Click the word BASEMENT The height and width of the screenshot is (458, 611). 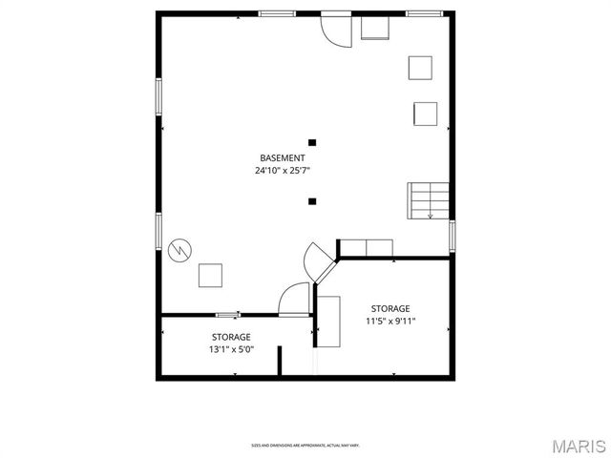pyautogui.click(x=283, y=157)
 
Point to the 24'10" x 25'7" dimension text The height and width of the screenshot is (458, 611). pyautogui.click(x=283, y=171)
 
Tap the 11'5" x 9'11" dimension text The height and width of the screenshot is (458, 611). pyautogui.click(x=390, y=322)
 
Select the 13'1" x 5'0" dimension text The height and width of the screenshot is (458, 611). pyautogui.click(x=232, y=349)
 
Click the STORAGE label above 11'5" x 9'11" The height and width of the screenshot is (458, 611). pyautogui.click(x=390, y=308)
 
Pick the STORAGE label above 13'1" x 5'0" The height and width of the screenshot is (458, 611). pyautogui.click(x=232, y=337)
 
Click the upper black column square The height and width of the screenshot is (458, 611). pyautogui.click(x=312, y=143)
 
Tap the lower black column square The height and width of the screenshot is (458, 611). pyautogui.click(x=312, y=200)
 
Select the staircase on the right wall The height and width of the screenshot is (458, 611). pyautogui.click(x=428, y=200)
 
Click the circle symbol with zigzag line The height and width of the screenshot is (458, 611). pyautogui.click(x=179, y=250)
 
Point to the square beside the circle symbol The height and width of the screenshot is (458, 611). pyautogui.click(x=210, y=275)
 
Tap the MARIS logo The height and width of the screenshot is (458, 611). pyautogui.click(x=578, y=445)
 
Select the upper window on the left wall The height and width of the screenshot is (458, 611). pyautogui.click(x=159, y=97)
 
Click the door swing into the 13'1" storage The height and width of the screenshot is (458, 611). pyautogui.click(x=293, y=300)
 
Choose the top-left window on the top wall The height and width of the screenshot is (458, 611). pyautogui.click(x=276, y=13)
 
